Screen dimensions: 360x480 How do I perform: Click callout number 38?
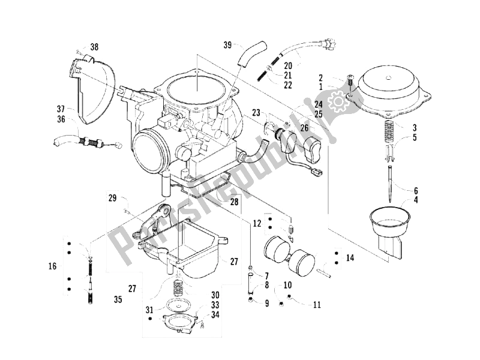94,47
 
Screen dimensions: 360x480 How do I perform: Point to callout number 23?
256,112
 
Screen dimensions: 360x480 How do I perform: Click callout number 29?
112,197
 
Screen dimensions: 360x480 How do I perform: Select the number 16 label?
52,265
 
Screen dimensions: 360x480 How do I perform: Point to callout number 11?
316,304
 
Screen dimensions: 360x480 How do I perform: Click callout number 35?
118,298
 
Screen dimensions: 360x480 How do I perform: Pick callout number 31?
149,310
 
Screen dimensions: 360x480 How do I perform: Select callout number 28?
235,202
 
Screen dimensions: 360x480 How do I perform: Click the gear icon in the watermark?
337,103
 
